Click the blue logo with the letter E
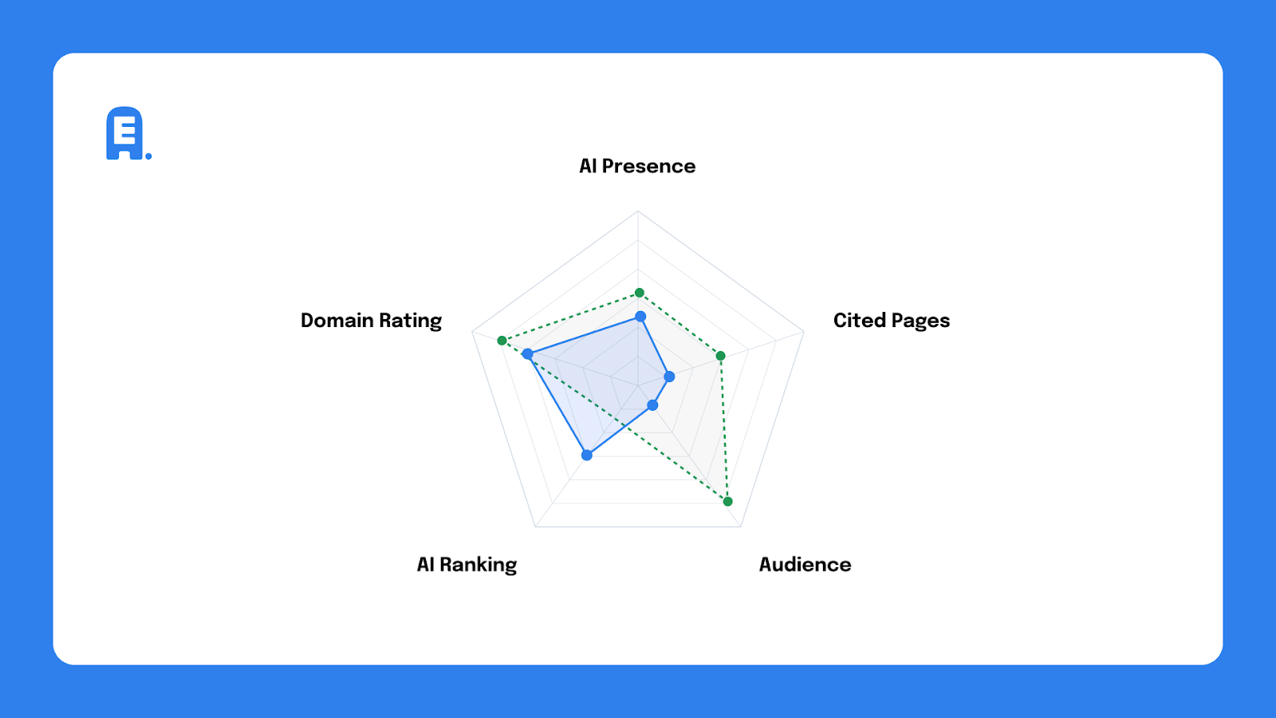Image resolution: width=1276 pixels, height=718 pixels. [126, 134]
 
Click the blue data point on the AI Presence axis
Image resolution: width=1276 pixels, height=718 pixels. [640, 317]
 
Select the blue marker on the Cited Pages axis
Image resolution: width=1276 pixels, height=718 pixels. [669, 377]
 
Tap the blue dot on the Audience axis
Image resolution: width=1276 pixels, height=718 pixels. [652, 406]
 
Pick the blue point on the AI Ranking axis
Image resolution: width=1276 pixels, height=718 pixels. [587, 456]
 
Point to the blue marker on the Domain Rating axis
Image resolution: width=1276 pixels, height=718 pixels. [527, 354]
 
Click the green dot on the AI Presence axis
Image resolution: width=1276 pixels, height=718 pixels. [639, 293]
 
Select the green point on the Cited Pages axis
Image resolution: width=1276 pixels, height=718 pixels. [720, 356]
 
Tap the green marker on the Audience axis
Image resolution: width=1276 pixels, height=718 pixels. [727, 502]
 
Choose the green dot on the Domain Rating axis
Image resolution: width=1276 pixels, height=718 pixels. [502, 341]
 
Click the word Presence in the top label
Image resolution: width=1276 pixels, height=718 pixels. [648, 166]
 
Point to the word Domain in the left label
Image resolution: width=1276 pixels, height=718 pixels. [337, 321]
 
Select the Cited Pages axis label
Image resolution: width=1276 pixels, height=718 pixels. [891, 321]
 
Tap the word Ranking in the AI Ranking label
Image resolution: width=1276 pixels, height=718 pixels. [478, 565]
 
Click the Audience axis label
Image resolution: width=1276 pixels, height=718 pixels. [805, 565]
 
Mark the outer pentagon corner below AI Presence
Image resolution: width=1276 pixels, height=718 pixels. [638, 211]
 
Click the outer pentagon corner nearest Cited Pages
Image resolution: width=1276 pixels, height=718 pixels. [803, 332]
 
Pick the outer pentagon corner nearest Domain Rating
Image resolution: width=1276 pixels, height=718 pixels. [472, 332]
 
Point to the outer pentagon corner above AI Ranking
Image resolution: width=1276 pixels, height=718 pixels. [535, 527]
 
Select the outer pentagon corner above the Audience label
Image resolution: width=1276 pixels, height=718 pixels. [741, 527]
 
